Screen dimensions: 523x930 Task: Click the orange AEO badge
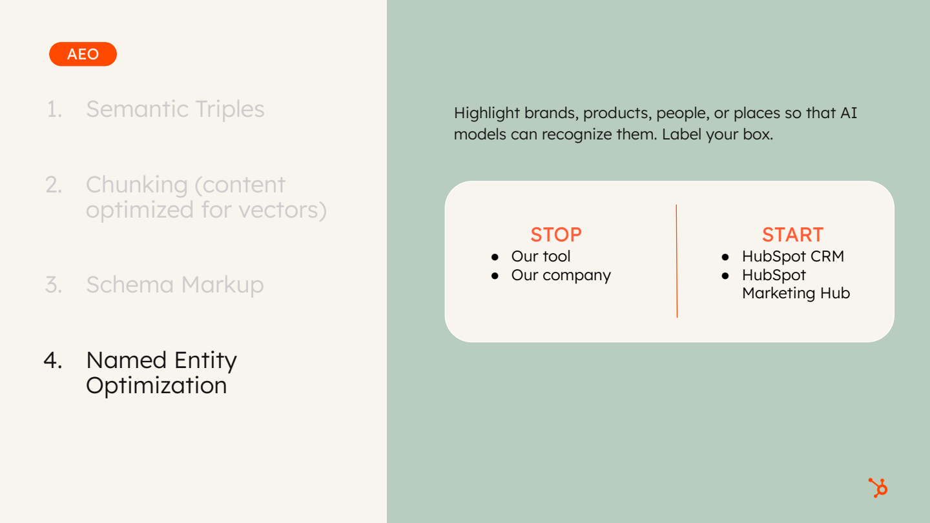pyautogui.click(x=83, y=54)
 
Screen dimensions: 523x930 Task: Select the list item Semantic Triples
pyautogui.click(x=175, y=109)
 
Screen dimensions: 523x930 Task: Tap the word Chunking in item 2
pyautogui.click(x=136, y=185)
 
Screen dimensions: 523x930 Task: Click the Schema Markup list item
pyautogui.click(x=175, y=285)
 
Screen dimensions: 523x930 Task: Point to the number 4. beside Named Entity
pyautogui.click(x=52, y=360)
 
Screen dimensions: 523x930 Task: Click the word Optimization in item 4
pyautogui.click(x=156, y=385)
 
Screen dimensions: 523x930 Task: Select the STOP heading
pyautogui.click(x=556, y=234)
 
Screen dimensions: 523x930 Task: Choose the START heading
pyautogui.click(x=792, y=234)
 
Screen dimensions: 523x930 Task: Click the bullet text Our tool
pyautogui.click(x=541, y=256)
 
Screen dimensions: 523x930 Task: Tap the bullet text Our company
pyautogui.click(x=561, y=275)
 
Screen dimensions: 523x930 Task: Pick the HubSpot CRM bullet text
pyautogui.click(x=792, y=256)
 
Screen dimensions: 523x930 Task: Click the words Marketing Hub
pyautogui.click(x=796, y=293)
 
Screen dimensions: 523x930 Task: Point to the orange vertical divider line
pyautogui.click(x=677, y=261)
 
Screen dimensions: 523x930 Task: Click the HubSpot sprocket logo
pyautogui.click(x=878, y=487)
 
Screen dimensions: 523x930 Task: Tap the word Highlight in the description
pyautogui.click(x=486, y=113)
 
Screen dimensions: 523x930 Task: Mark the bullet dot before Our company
pyautogui.click(x=495, y=276)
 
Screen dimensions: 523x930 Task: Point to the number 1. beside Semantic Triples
pyautogui.click(x=54, y=109)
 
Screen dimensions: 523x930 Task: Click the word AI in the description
pyautogui.click(x=848, y=113)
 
